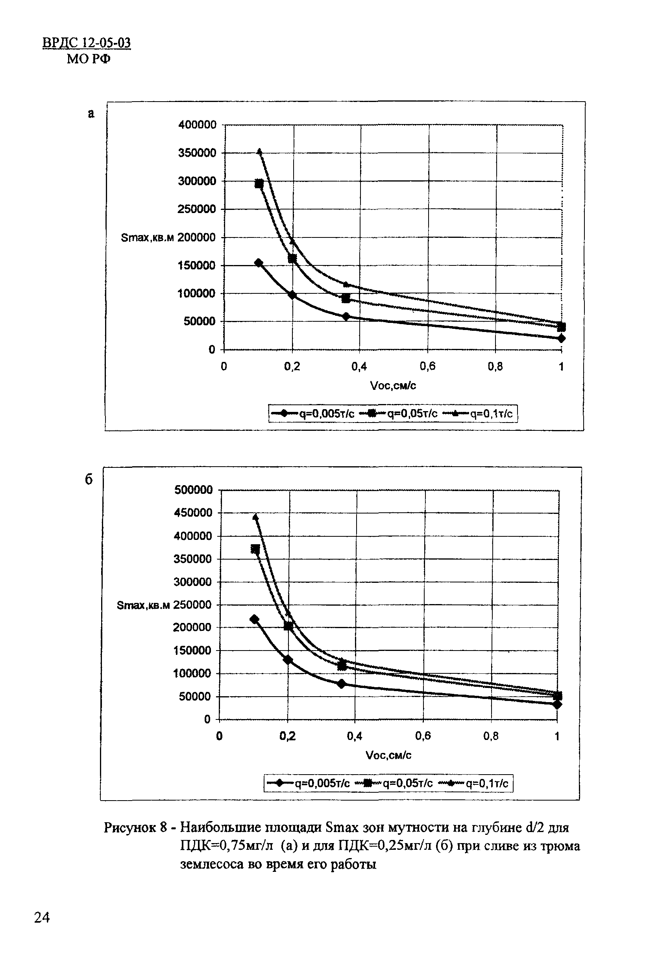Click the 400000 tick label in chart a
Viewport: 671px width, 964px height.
point(197,125)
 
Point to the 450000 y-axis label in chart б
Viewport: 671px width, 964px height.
point(193,513)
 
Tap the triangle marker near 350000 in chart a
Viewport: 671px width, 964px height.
point(259,151)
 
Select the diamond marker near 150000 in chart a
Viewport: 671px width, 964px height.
point(259,263)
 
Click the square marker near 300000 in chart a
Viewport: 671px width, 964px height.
point(259,184)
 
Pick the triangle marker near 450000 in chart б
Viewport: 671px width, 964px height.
point(255,516)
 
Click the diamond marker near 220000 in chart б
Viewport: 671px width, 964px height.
point(254,619)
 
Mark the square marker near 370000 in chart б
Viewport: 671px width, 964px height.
point(255,549)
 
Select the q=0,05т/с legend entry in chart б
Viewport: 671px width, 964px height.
point(394,784)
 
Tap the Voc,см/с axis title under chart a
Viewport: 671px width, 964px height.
point(393,386)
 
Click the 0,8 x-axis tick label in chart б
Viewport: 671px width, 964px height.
point(490,736)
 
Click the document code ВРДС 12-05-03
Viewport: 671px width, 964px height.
point(87,43)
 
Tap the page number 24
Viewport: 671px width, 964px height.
point(42,918)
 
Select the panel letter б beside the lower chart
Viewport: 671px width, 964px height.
point(89,480)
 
